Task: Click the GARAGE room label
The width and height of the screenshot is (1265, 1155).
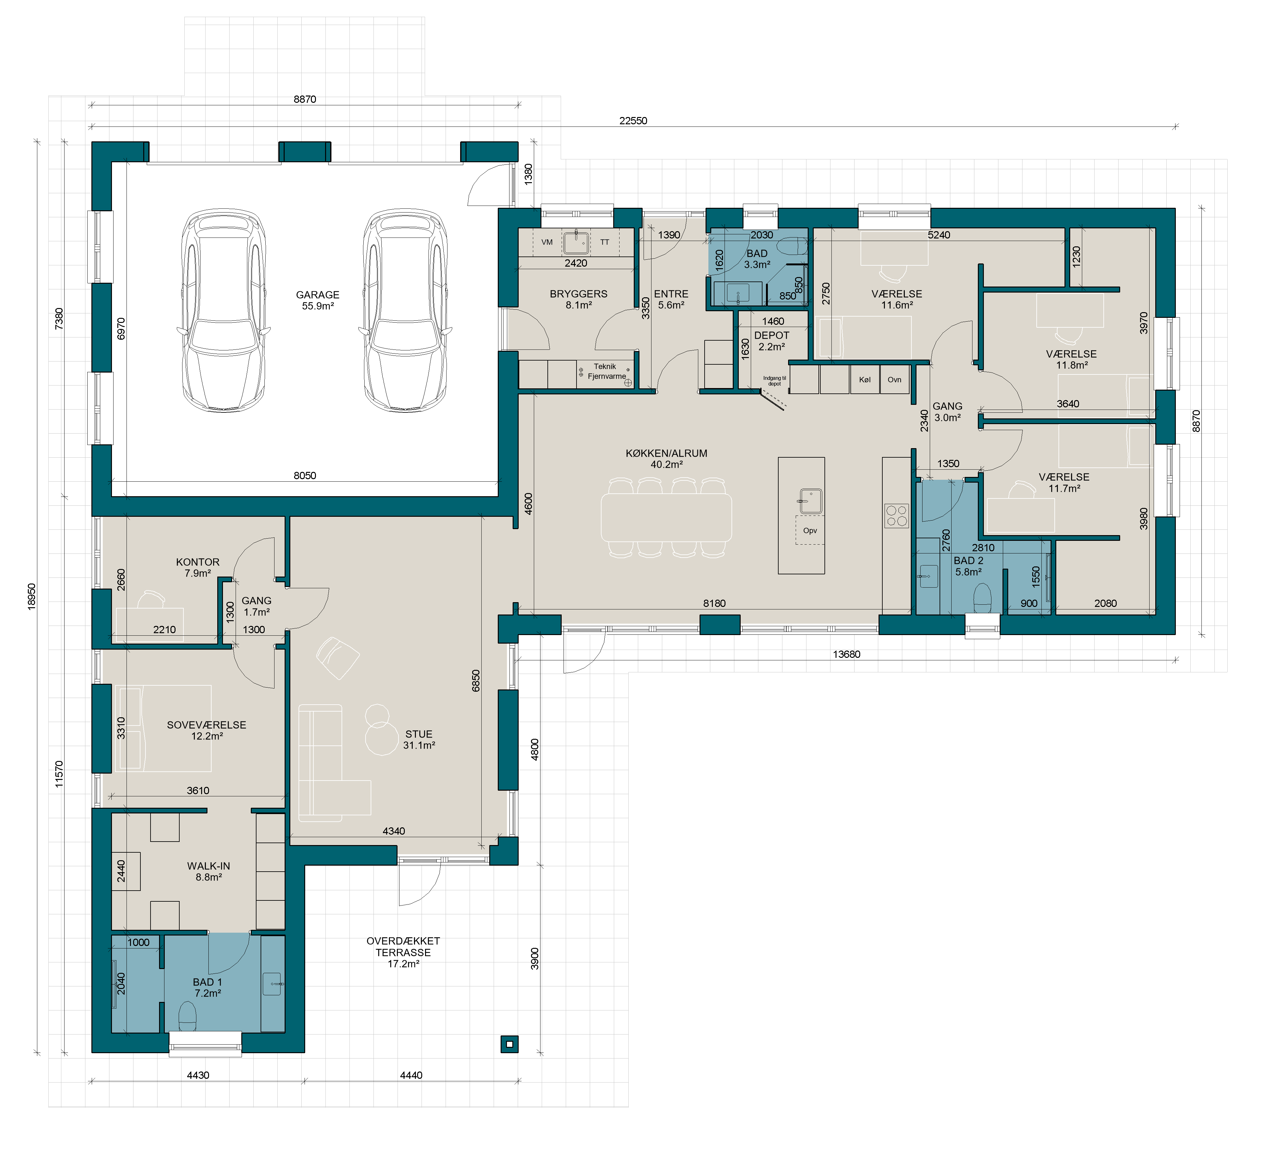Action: [318, 295]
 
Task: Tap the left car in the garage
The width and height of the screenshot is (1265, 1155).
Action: [223, 311]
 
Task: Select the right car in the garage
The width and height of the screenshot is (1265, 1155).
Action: [405, 311]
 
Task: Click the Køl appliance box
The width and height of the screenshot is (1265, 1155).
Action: [865, 380]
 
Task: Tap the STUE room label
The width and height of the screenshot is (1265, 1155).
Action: [418, 734]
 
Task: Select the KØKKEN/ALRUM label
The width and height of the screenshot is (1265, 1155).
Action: [666, 453]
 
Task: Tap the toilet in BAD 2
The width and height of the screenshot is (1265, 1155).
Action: [982, 598]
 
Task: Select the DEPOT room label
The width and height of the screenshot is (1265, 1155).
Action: [772, 336]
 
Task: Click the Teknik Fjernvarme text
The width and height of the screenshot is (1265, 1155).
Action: [606, 371]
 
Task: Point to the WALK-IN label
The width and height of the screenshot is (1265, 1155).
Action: [208, 866]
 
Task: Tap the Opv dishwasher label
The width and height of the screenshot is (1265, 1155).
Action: [810, 531]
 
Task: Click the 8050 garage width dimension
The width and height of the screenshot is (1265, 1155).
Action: [305, 476]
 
